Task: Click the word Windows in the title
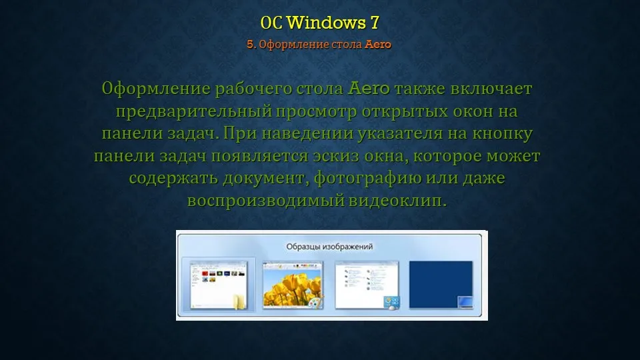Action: pos(326,23)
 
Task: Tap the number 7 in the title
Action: pos(375,23)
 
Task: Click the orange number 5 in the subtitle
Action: pos(250,44)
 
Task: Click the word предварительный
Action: pos(194,111)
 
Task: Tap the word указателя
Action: pos(400,133)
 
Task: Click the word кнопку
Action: pos(503,133)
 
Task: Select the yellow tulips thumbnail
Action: pos(293,285)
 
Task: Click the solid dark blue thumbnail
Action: pos(441,285)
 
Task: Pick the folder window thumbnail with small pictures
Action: pos(219,285)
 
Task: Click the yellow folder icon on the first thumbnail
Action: pos(239,301)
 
